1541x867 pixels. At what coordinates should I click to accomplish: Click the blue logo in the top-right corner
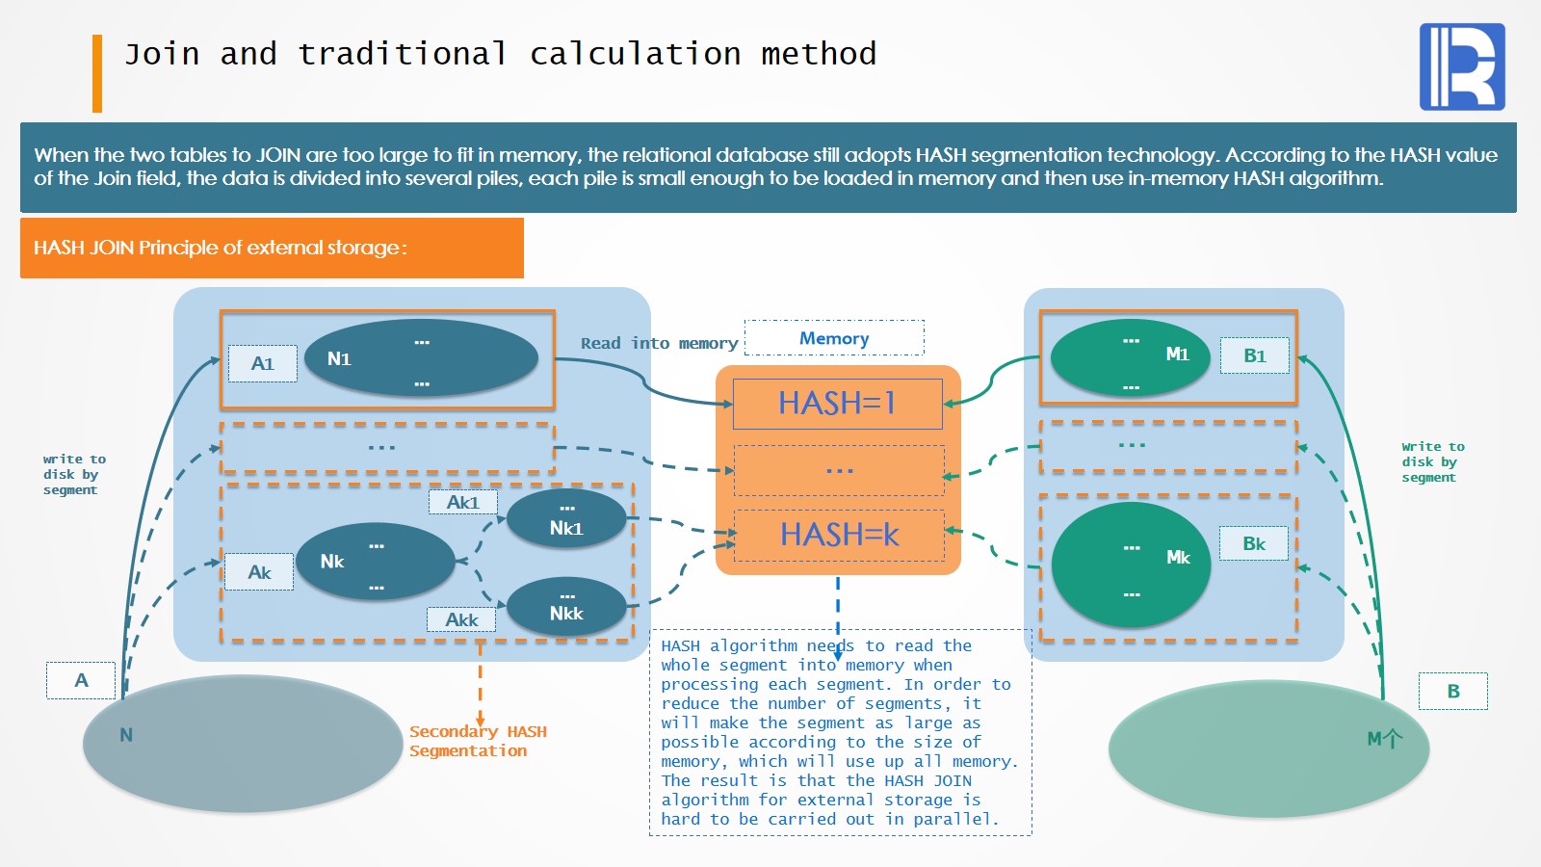pyautogui.click(x=1462, y=66)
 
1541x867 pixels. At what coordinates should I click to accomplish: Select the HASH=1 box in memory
pyautogui.click(x=837, y=404)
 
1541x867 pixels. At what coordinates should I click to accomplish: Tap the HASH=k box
pyautogui.click(x=839, y=535)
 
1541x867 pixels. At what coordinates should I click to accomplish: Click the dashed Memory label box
pyautogui.click(x=834, y=338)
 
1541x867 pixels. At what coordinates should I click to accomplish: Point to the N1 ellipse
pyautogui.click(x=421, y=358)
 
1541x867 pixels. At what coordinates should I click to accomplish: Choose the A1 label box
pyautogui.click(x=262, y=364)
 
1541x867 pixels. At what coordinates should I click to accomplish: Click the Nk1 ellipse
pyautogui.click(x=566, y=519)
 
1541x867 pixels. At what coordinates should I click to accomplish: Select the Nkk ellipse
pyautogui.click(x=566, y=607)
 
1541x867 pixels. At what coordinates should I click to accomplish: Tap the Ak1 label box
pyautogui.click(x=462, y=502)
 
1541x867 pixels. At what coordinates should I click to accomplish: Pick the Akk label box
pyautogui.click(x=461, y=619)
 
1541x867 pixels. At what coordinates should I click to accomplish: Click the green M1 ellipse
pyautogui.click(x=1130, y=357)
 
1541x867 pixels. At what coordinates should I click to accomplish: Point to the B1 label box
pyautogui.click(x=1254, y=355)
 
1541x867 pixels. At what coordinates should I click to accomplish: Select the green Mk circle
pyautogui.click(x=1131, y=565)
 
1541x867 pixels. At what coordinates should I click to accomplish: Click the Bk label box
pyautogui.click(x=1253, y=543)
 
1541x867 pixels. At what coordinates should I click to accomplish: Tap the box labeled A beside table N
pyautogui.click(x=81, y=680)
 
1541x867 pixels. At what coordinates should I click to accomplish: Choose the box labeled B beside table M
pyautogui.click(x=1452, y=691)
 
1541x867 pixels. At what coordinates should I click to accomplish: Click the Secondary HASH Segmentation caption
pyautogui.click(x=478, y=741)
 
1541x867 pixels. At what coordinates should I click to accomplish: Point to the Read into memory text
pyautogui.click(x=659, y=343)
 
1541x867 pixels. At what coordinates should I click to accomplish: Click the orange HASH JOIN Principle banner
pyautogui.click(x=272, y=248)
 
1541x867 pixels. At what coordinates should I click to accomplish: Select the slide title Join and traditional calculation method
pyautogui.click(x=500, y=54)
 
